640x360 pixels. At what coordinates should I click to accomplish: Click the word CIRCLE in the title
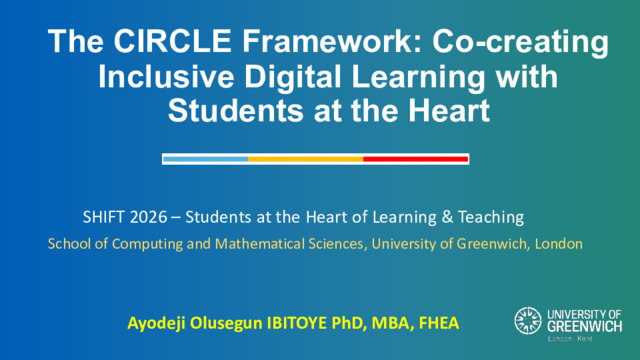tap(172, 41)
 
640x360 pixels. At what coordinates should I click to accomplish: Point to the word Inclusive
tap(166, 76)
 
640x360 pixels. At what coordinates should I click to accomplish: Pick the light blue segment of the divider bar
tap(206, 159)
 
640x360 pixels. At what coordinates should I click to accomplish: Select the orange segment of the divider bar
tap(306, 159)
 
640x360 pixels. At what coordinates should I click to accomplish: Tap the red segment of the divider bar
tap(416, 159)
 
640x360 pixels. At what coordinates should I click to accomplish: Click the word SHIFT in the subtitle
tap(103, 217)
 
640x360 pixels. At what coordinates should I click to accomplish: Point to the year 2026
tap(148, 217)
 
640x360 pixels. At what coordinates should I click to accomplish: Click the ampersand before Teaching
tap(447, 217)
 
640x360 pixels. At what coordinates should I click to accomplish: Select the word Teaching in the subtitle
tap(491, 218)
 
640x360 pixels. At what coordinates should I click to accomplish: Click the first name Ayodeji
tap(157, 324)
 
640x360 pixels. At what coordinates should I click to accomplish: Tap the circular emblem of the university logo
tap(528, 321)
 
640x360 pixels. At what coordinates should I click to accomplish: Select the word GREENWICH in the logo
tap(584, 327)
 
